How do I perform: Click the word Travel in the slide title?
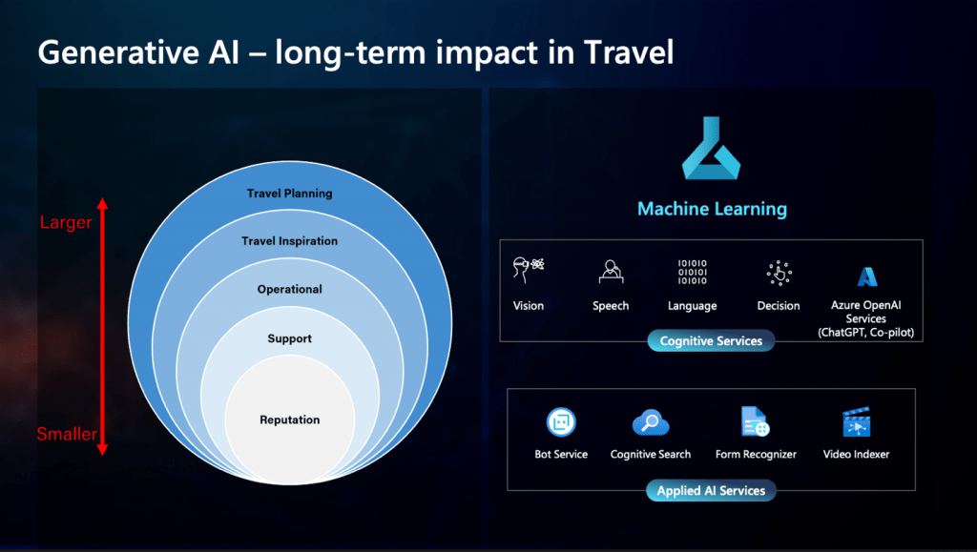tap(629, 51)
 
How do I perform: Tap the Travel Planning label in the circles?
tap(290, 194)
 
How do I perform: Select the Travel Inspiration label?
tap(290, 241)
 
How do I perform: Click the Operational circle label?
tap(290, 290)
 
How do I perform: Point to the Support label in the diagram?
tap(290, 338)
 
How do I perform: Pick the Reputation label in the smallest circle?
tap(290, 420)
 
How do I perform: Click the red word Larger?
tap(66, 223)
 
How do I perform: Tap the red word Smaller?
tap(67, 434)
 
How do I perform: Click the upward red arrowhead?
tap(103, 203)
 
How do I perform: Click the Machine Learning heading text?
tap(712, 209)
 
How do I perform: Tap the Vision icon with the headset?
tap(529, 270)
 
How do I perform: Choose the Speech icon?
tap(611, 272)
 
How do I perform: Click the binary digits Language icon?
tap(693, 272)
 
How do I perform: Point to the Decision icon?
tap(779, 273)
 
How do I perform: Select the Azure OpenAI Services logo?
tap(866, 276)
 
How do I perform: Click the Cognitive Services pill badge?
tap(711, 341)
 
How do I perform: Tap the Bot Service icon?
tap(561, 422)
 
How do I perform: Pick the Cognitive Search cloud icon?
tap(651, 423)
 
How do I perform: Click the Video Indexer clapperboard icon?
tap(856, 422)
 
